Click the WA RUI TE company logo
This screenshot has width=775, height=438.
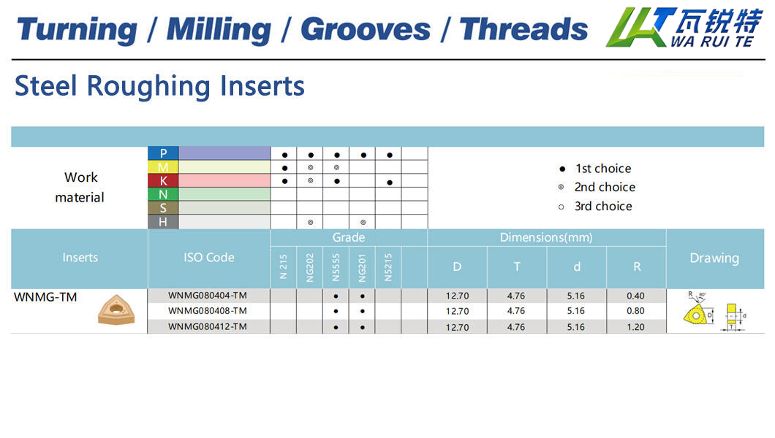(684, 27)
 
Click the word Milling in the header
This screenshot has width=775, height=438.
(219, 30)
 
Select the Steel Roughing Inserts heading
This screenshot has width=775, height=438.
(159, 86)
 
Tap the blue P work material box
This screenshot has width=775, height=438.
(163, 153)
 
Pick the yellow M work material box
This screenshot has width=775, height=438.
(163, 167)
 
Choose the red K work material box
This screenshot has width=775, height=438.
(163, 180)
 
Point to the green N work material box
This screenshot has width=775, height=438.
(163, 194)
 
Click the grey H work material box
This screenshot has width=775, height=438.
(163, 222)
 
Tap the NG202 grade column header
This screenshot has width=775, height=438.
(310, 267)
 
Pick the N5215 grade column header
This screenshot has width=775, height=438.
(388, 267)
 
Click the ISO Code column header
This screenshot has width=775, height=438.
(209, 258)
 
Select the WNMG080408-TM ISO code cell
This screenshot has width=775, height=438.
(208, 311)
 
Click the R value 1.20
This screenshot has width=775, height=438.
(635, 327)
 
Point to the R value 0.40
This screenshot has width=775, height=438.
(635, 296)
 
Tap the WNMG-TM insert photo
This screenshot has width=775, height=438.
(116, 310)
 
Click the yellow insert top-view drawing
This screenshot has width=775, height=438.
(697, 313)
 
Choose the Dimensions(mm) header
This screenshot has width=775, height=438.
(546, 238)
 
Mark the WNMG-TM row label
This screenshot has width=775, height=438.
(45, 297)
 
